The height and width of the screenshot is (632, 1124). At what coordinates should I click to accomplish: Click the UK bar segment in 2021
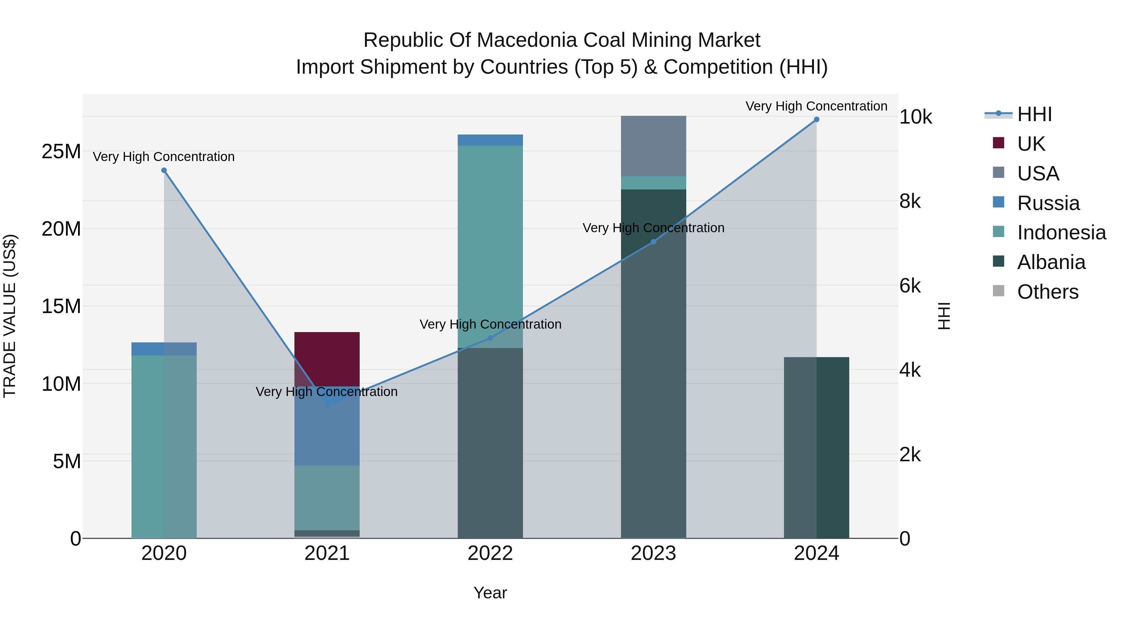click(x=327, y=359)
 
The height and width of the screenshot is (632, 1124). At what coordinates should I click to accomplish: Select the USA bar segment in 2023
click(x=653, y=146)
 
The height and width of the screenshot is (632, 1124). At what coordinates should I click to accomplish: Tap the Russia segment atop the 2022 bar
click(x=490, y=140)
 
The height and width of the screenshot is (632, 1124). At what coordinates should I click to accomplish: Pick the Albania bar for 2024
click(x=816, y=447)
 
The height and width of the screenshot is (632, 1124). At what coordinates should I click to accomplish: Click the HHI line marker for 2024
click(x=816, y=120)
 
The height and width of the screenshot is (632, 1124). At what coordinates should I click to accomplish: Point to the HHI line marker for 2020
click(x=164, y=170)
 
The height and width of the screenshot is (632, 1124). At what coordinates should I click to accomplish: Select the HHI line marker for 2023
click(x=653, y=242)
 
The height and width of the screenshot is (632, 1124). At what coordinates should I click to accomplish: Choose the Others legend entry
click(x=1047, y=292)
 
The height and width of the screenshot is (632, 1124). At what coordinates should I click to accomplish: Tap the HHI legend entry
click(x=1034, y=114)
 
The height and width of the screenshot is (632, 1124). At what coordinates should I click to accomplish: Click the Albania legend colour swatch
click(x=998, y=261)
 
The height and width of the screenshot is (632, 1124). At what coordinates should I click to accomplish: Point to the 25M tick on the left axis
click(x=61, y=152)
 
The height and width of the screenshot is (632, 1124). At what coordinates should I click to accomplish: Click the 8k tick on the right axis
click(x=910, y=202)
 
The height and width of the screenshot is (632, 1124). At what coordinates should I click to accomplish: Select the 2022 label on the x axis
click(x=490, y=553)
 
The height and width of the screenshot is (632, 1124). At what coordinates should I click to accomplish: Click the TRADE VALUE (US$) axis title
click(x=10, y=316)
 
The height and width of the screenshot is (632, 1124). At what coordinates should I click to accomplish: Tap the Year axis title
click(x=490, y=593)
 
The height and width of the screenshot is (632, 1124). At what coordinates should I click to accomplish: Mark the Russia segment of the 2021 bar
click(x=327, y=432)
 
